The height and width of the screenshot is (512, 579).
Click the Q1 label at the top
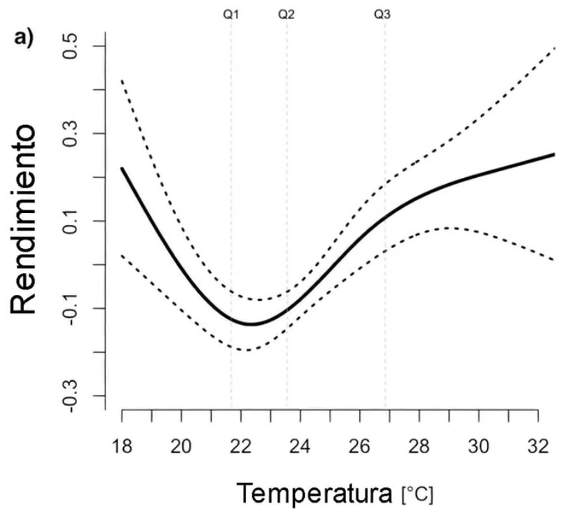(x=231, y=14)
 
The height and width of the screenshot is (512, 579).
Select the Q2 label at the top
(x=287, y=14)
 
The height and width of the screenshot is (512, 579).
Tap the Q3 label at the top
(x=382, y=14)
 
